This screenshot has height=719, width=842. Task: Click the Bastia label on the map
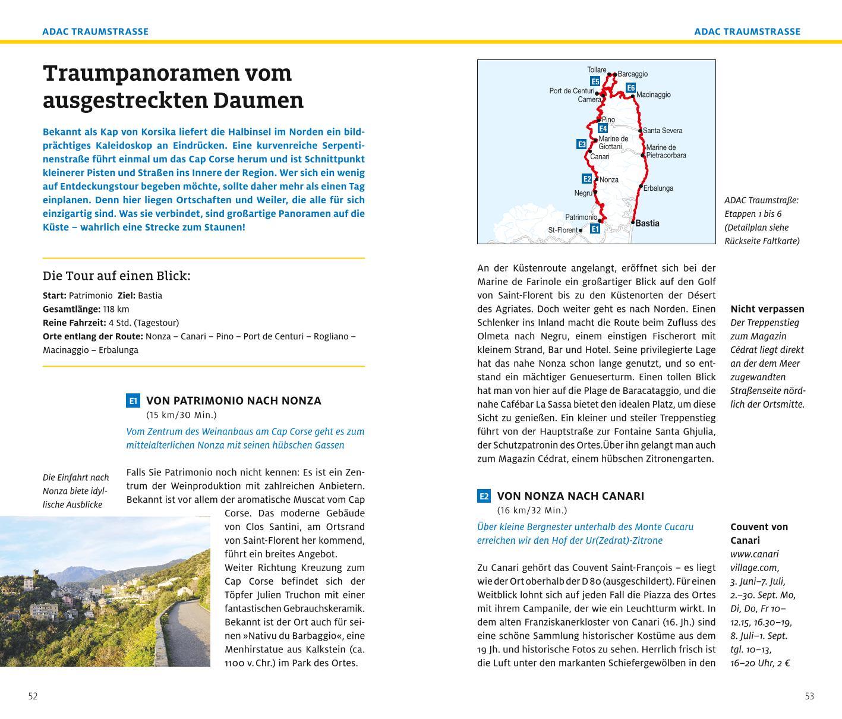[x=647, y=223]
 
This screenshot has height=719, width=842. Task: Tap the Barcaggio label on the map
[x=632, y=74]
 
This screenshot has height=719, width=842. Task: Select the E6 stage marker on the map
[x=631, y=88]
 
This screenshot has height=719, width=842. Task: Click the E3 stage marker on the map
[x=582, y=144]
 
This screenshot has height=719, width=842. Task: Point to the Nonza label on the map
[x=609, y=179]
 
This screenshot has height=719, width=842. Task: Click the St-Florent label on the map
[x=563, y=230]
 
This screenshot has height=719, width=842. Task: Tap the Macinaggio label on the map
[x=653, y=94]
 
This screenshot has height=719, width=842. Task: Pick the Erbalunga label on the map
[x=658, y=188]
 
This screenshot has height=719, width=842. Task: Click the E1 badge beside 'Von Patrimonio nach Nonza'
[x=133, y=401]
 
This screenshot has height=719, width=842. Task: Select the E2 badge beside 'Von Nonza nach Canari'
[x=484, y=496]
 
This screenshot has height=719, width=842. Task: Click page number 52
[x=33, y=696]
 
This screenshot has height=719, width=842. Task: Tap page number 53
[x=809, y=696]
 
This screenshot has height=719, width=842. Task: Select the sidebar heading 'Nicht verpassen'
[x=767, y=309]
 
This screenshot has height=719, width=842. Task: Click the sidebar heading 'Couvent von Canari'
[x=759, y=533]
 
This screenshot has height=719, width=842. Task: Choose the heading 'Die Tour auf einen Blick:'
[x=116, y=276]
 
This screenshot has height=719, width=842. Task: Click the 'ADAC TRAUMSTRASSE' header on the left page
[x=95, y=31]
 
